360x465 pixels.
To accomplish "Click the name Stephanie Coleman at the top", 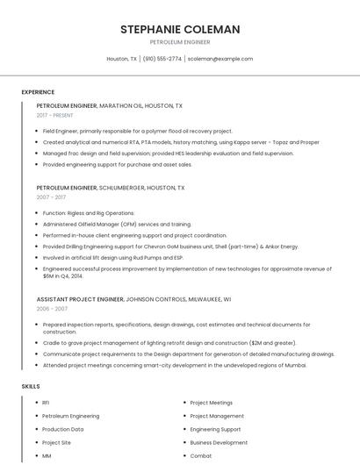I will coord(180,29).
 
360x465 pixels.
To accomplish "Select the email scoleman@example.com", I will coord(220,59).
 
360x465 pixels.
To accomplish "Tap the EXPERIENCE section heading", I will coord(38,92).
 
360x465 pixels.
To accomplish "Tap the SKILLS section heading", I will coord(31,386).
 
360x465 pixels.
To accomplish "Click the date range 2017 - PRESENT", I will coord(55,115).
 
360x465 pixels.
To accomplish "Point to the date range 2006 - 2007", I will coord(52,309).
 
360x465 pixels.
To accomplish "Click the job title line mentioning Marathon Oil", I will coord(110,105).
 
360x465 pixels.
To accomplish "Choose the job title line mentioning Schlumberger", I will coord(111,188).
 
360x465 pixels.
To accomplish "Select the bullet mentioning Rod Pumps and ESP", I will coord(112,258).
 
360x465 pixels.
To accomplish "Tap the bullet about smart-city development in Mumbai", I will coord(175,364).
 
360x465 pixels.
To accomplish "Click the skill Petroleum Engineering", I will coord(70,416).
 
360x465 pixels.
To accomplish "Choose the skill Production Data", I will coord(63,429).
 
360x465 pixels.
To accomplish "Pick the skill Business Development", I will coord(219,443).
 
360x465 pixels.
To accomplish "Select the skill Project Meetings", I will coord(212,403).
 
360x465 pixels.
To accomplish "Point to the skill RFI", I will coord(46,403).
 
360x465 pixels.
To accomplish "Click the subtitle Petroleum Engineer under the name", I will coord(180,41).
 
